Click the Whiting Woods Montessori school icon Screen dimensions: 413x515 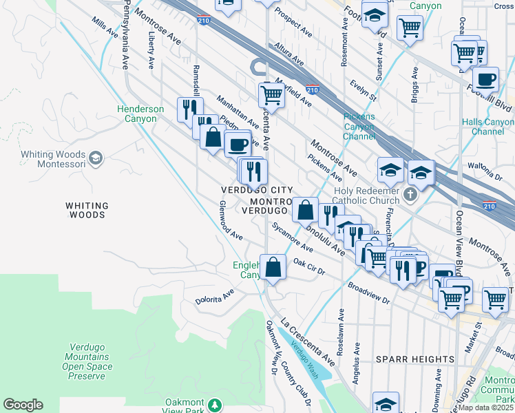95,159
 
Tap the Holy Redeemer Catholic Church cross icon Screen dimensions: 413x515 410,194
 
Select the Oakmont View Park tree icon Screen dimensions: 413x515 216,404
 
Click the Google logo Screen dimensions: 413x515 23,405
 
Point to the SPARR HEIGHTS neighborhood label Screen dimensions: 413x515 415,359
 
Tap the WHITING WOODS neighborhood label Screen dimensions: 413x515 87,210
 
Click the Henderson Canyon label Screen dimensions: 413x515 140,114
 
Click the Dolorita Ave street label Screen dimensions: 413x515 214,295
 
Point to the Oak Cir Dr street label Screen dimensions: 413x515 308,266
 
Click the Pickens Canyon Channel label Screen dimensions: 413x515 359,126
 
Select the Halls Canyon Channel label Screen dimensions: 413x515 488,127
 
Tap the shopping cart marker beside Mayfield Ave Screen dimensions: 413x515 271,95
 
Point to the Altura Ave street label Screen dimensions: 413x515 289,53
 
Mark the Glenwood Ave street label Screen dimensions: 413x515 230,220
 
